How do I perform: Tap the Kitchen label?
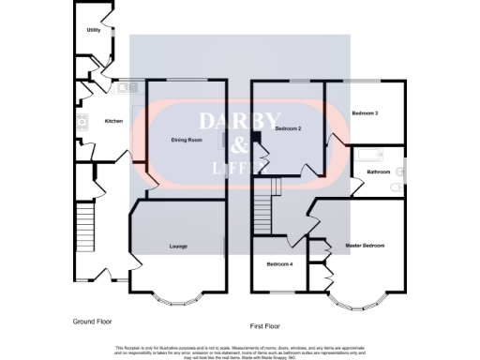[x=113, y=121]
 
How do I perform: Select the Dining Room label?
[x=187, y=140]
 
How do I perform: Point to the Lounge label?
[x=178, y=247]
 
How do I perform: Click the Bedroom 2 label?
[x=287, y=127]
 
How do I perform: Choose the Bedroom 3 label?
[x=365, y=112]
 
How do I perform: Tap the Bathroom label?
[x=378, y=172]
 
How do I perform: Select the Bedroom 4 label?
[x=279, y=265]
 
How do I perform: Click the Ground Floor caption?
[x=95, y=322]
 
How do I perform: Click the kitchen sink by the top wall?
[x=123, y=88]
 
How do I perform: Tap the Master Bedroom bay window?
[x=356, y=301]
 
